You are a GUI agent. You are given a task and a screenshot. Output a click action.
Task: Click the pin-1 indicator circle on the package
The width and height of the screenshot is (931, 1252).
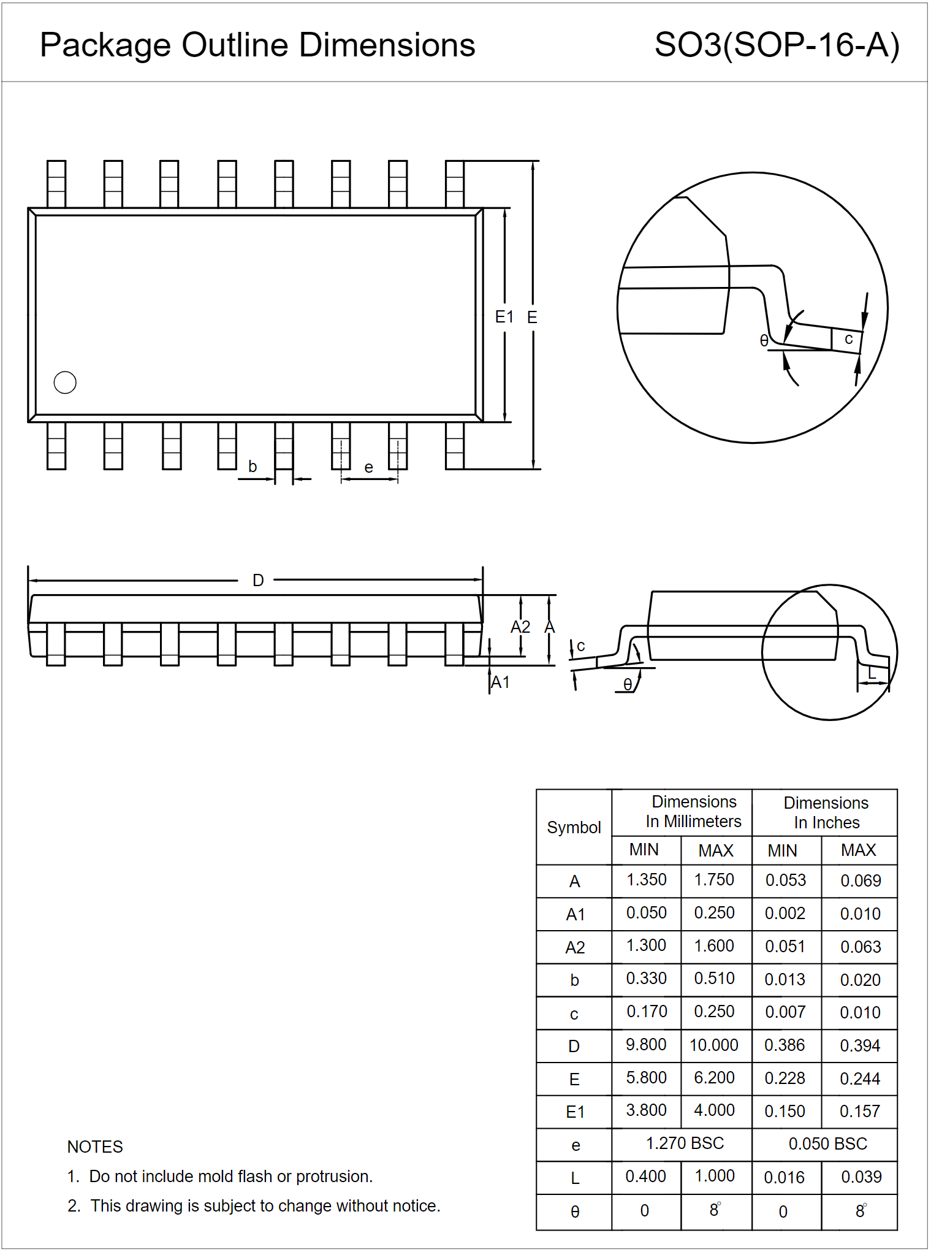click(65, 383)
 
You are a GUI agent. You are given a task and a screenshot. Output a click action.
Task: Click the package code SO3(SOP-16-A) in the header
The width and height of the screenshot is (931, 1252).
click(777, 45)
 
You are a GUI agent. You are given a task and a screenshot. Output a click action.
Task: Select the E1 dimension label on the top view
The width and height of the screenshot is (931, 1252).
click(504, 317)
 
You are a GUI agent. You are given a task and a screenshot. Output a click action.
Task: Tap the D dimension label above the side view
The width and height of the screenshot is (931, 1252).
click(258, 580)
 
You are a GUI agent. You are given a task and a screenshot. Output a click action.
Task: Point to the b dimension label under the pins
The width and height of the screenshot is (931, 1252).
click(253, 467)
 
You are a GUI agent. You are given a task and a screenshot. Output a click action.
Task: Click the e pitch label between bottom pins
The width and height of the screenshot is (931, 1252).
click(368, 468)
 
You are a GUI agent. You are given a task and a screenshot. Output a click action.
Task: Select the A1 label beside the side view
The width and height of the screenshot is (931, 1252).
click(501, 682)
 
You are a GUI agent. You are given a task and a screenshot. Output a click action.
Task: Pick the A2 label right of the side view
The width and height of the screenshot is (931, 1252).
click(520, 627)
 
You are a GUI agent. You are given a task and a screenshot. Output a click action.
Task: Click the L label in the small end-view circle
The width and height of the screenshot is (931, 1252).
click(872, 674)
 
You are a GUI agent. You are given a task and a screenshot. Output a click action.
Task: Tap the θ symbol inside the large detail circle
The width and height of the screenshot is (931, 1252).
click(764, 340)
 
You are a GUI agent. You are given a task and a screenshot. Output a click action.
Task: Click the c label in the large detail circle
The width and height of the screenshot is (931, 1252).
click(848, 338)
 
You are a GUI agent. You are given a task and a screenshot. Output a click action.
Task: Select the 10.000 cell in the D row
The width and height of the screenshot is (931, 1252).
click(714, 1045)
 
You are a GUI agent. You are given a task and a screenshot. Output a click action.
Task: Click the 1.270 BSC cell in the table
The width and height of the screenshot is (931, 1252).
click(685, 1143)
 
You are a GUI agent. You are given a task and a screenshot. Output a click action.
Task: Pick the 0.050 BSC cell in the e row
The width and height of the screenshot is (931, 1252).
click(827, 1144)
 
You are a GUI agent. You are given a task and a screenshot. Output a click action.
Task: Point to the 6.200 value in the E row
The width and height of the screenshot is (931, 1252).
click(714, 1078)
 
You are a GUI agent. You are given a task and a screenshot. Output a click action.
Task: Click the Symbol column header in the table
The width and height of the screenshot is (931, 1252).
click(574, 828)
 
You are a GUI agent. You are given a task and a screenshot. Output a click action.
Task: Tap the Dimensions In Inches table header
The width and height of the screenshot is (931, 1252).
click(826, 812)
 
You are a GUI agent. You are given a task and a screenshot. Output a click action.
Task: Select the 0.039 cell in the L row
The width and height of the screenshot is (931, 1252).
click(861, 1177)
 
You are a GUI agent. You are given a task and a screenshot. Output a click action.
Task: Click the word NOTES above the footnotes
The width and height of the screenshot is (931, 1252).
click(95, 1147)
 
